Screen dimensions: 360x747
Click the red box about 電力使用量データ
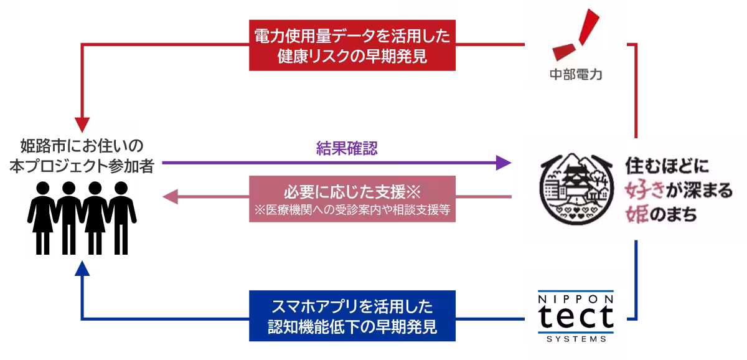click(353, 45)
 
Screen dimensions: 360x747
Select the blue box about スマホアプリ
click(353, 316)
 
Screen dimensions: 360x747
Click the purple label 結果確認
click(347, 149)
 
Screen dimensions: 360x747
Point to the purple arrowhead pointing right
click(504, 163)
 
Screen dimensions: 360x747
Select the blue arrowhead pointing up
click(82, 267)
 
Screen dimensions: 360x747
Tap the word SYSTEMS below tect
click(576, 339)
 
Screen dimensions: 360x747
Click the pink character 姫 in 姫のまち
click(637, 213)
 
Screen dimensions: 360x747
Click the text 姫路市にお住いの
click(82, 148)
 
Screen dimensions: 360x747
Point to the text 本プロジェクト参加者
click(82, 167)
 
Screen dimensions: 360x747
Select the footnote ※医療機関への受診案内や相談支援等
click(352, 210)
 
